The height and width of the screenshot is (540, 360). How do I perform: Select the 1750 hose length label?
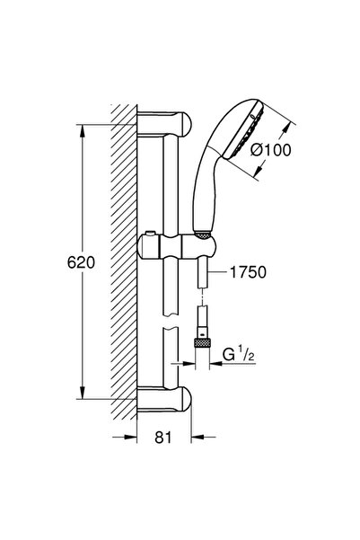pos(249,270)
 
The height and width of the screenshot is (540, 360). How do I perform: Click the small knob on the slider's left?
pos(147,238)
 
